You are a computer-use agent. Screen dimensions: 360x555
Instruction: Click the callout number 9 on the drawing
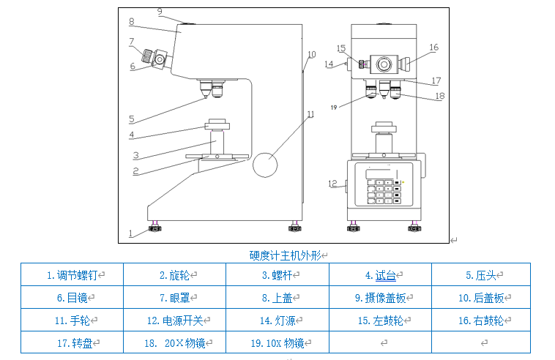pyautogui.click(x=160, y=12)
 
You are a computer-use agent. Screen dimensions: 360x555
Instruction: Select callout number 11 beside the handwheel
pyautogui.click(x=310, y=114)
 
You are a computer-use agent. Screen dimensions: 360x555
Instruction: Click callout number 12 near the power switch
pyautogui.click(x=332, y=183)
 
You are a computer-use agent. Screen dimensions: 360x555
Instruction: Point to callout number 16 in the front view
pyautogui.click(x=433, y=48)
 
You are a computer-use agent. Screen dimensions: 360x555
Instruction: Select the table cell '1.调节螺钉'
pyautogui.click(x=71, y=276)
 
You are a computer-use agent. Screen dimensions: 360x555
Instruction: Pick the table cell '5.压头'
pyautogui.click(x=481, y=276)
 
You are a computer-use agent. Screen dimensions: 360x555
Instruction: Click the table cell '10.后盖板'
pyautogui.click(x=481, y=298)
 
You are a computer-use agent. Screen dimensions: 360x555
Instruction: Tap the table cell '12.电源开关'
pyautogui.click(x=174, y=320)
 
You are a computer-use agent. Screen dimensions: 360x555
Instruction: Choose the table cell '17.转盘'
pyautogui.click(x=71, y=342)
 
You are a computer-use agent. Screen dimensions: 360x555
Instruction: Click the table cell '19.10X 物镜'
pyautogui.click(x=276, y=342)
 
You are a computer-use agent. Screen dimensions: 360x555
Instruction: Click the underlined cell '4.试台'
pyautogui.click(x=380, y=276)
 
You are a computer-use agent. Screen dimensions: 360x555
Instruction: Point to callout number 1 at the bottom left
pyautogui.click(x=131, y=233)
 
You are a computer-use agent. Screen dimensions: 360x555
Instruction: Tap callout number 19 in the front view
pyautogui.click(x=333, y=108)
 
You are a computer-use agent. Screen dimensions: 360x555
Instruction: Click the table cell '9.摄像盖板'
pyautogui.click(x=380, y=298)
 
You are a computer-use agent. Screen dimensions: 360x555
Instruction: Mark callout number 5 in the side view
pyautogui.click(x=131, y=119)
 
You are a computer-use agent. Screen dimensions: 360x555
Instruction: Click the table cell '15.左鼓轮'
pyautogui.click(x=380, y=320)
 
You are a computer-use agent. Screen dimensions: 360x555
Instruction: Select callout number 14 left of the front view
pyautogui.click(x=329, y=64)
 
